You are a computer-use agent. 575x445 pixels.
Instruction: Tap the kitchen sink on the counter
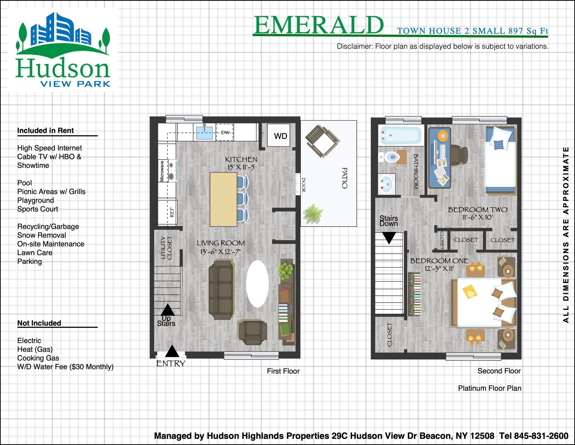[205, 132]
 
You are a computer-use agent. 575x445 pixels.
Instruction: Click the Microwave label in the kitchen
[162, 171]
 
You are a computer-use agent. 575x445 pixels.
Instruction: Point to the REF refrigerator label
[172, 212]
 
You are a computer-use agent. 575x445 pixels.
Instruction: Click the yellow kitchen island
[223, 199]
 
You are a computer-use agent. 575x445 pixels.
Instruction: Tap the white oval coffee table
[257, 284]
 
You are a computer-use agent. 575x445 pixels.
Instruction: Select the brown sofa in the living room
[221, 290]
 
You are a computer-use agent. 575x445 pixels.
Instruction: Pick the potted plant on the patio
[313, 213]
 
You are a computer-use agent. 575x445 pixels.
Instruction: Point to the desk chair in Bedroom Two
[458, 155]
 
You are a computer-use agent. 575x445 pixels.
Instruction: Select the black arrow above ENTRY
[172, 351]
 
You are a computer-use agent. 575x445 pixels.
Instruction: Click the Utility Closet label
[166, 248]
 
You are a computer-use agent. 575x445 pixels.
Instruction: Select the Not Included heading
[39, 323]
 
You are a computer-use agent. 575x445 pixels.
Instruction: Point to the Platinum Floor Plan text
[490, 388]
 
